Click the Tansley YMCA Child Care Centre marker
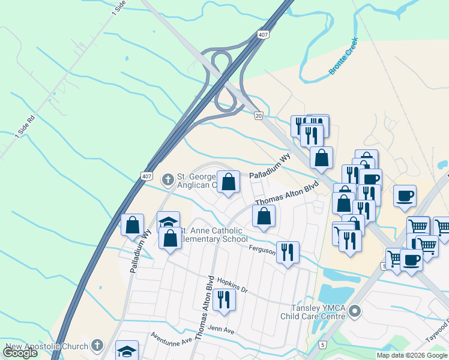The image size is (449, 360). pyautogui.click(x=355, y=311)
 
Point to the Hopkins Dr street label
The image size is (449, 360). pyautogui.click(x=232, y=284)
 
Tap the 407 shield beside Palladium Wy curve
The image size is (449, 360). pyautogui.click(x=147, y=176)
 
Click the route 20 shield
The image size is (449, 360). pyautogui.click(x=258, y=115)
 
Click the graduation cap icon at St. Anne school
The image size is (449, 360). pyautogui.click(x=168, y=221)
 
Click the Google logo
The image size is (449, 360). pyautogui.click(x=20, y=353)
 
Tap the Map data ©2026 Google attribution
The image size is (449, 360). pyautogui.click(x=412, y=355)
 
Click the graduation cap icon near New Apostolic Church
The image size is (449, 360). pyautogui.click(x=127, y=350)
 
